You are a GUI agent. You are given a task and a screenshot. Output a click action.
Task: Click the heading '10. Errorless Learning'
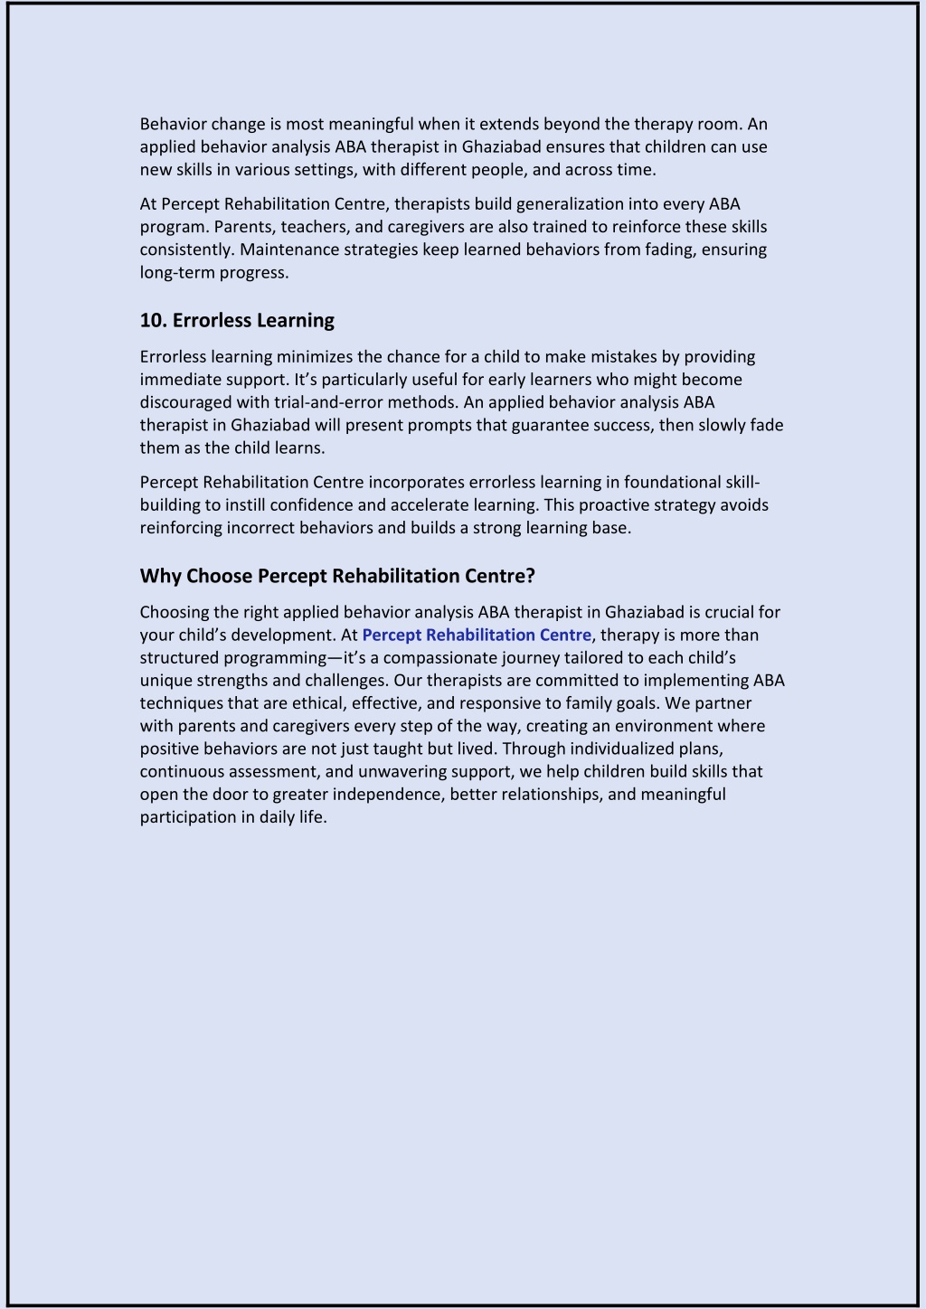point(237,320)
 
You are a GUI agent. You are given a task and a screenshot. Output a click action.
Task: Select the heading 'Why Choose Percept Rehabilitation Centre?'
point(337,576)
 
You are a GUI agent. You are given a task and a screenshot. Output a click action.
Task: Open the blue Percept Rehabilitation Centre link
point(477,635)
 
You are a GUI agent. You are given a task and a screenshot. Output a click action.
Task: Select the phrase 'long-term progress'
point(213,272)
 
